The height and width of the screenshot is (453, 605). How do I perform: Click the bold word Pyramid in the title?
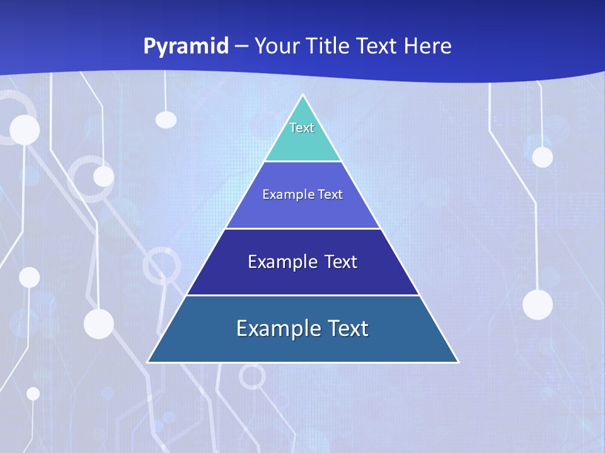point(186,46)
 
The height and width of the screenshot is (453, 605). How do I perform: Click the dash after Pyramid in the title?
point(241,47)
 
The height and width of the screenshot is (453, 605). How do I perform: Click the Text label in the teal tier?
point(302,128)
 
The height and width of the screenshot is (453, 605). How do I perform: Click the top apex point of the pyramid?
point(302,95)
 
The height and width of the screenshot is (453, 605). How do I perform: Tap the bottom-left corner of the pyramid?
point(148,362)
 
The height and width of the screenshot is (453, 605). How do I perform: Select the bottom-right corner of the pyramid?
point(458,362)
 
